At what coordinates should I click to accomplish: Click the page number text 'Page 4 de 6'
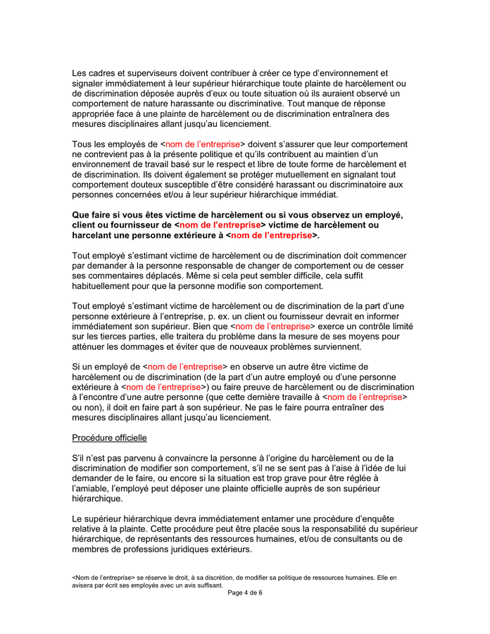coord(245,593)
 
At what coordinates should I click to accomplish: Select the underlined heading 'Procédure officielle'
coord(109,438)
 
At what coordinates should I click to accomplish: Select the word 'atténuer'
coord(92,347)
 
